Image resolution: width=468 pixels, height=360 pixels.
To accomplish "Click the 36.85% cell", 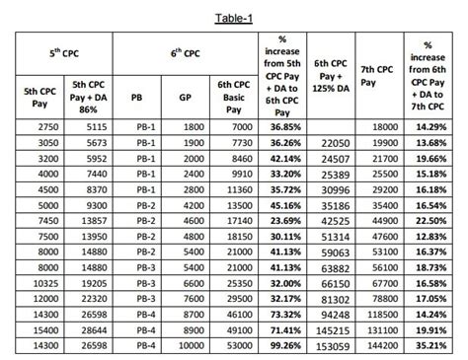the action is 286,128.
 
